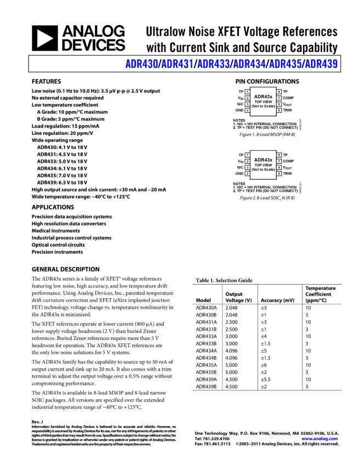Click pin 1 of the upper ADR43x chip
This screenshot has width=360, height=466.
point(247,92)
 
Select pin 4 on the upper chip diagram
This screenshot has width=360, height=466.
point(247,110)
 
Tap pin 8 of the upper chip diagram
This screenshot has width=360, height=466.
point(279,92)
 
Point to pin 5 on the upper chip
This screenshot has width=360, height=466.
point(279,110)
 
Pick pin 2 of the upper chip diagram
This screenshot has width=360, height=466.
point(247,98)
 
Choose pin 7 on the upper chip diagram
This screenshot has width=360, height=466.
point(279,98)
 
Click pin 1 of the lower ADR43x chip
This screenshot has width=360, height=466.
point(247,155)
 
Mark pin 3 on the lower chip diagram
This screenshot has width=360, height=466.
point(247,167)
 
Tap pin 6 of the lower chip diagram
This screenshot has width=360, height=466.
point(279,167)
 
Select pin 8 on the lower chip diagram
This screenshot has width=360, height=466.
point(279,155)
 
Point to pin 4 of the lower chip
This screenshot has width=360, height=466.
point(247,174)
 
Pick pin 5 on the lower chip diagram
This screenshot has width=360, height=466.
point(279,174)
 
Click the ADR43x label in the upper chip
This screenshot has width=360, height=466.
point(263,96)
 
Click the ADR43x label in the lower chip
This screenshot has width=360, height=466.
point(263,160)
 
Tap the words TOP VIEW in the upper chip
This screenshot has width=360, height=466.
point(263,102)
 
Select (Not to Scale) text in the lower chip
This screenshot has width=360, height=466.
point(263,169)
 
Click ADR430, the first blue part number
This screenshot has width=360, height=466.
point(142,64)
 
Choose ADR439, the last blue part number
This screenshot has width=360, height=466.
point(321,64)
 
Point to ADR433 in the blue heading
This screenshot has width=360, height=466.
point(213,64)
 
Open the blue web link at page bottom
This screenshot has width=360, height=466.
point(319,439)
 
